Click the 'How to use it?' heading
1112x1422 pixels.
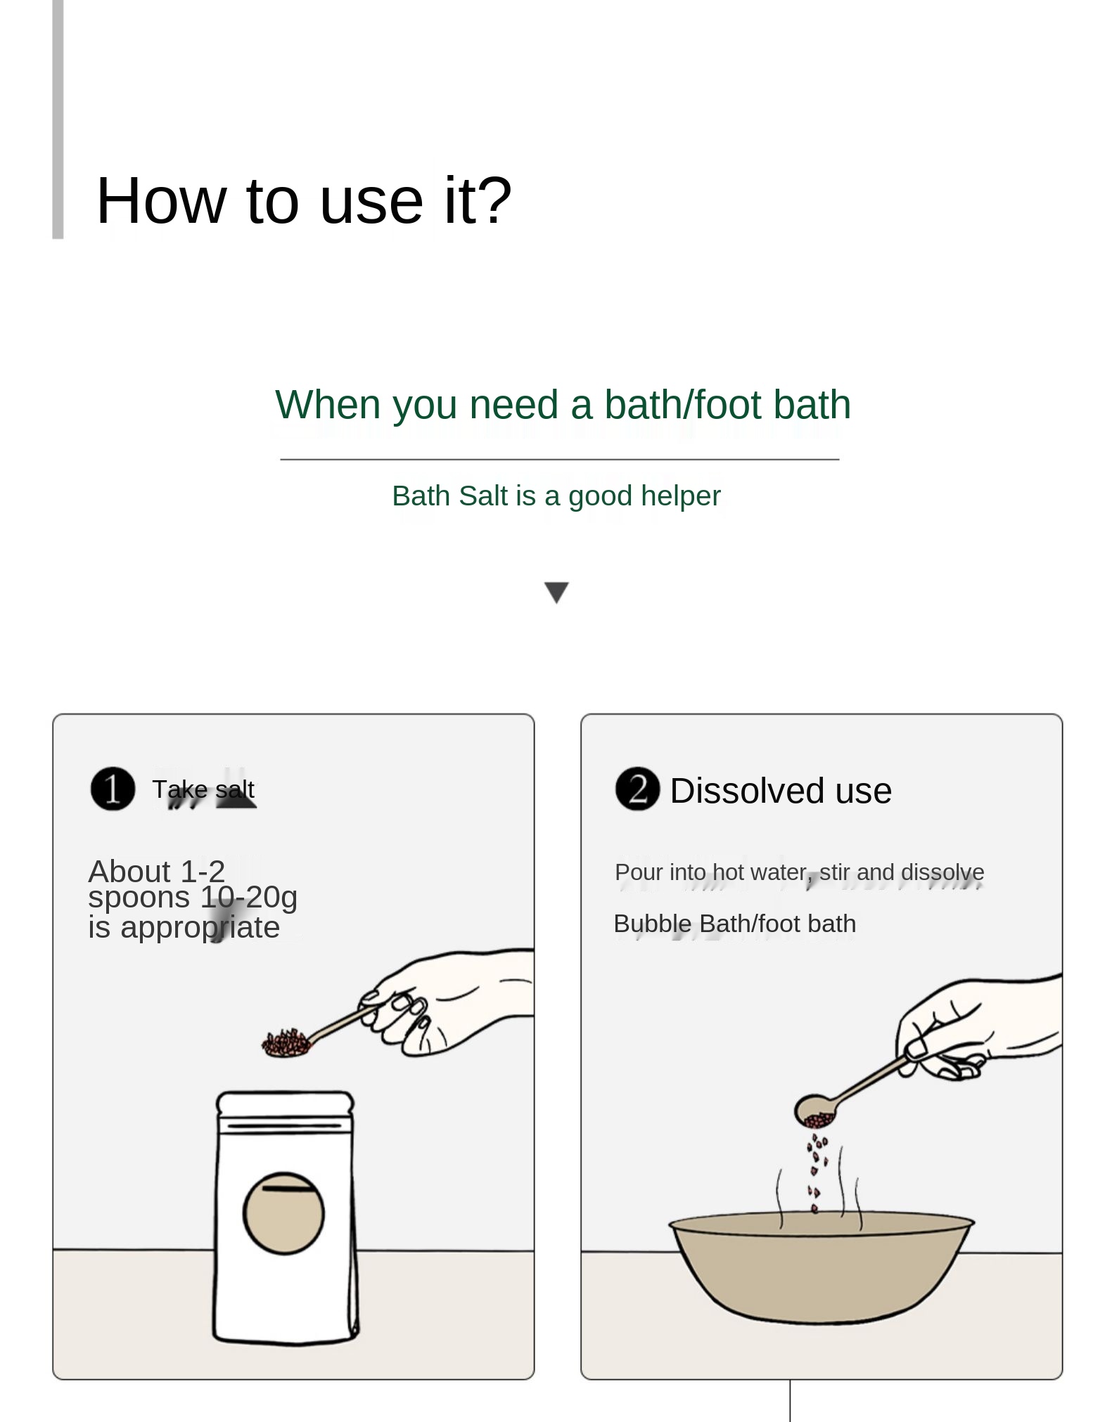(303, 201)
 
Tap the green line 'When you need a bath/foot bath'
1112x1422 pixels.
(563, 405)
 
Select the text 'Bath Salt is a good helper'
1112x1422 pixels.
(556, 496)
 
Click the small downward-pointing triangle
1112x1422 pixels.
(557, 593)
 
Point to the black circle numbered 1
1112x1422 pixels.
(113, 789)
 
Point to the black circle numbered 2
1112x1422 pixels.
(638, 789)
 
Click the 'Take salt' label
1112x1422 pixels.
(203, 789)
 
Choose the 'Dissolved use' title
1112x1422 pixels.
(781, 791)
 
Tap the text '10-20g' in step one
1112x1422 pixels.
(249, 896)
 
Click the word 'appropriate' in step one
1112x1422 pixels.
(200, 928)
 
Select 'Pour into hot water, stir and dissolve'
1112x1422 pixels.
(800, 872)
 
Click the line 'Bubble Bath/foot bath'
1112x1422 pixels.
(735, 924)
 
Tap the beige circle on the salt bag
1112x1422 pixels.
(283, 1213)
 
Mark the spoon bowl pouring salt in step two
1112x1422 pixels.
(817, 1111)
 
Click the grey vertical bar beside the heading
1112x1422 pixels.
(58, 119)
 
